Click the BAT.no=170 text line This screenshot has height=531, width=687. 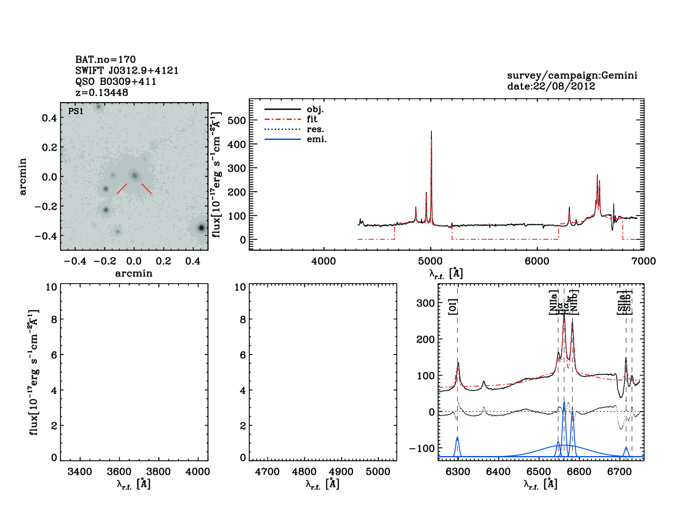click(105, 60)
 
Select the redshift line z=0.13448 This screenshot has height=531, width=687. click(102, 92)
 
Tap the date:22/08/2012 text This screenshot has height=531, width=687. click(551, 86)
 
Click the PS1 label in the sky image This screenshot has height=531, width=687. click(76, 111)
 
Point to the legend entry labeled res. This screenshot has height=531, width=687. click(315, 129)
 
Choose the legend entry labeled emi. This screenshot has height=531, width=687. click(316, 139)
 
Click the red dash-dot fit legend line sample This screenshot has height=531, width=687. click(282, 119)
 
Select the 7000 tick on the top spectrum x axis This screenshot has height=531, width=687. click(644, 261)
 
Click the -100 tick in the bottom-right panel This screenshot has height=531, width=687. click(422, 449)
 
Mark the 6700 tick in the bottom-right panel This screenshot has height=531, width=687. click(620, 472)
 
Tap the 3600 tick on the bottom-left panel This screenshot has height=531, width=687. click(119, 472)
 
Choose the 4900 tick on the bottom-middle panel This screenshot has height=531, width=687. click(341, 472)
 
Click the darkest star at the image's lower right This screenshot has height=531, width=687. click(202, 228)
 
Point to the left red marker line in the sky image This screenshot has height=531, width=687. click(122, 188)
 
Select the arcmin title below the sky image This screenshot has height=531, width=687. click(134, 273)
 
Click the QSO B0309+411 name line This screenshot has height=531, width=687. click(116, 82)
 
